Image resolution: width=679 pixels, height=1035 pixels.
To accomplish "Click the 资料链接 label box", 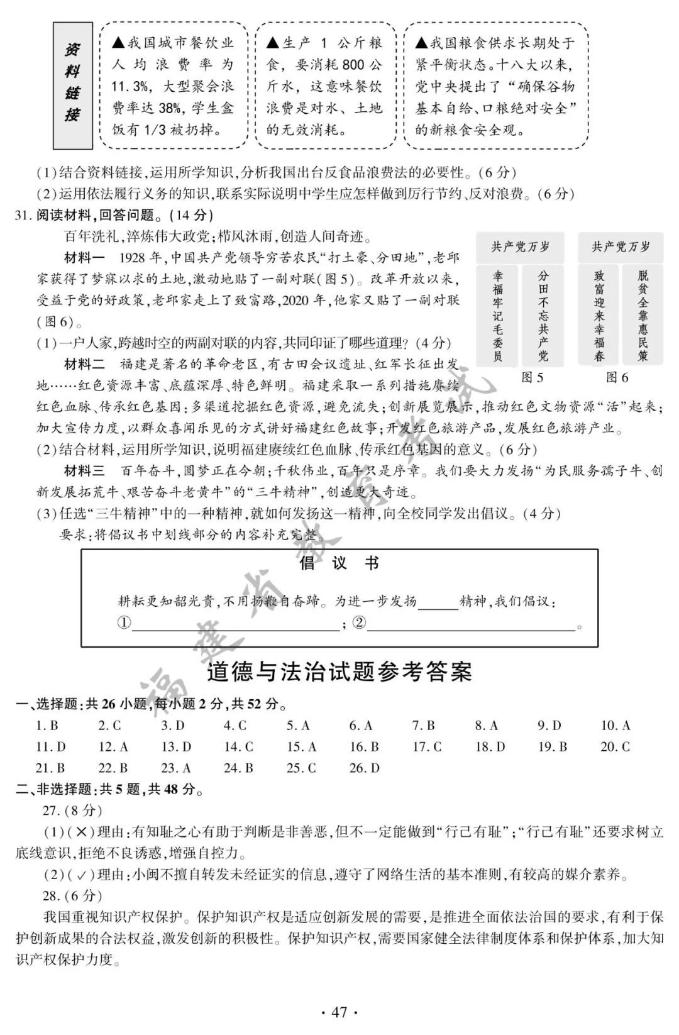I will [x=72, y=85].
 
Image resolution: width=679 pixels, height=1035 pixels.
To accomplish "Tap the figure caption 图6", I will [x=617, y=377].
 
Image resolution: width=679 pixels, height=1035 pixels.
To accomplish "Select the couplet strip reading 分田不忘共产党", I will [x=543, y=316].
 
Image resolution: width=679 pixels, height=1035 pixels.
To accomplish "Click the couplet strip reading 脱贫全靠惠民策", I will [x=643, y=316].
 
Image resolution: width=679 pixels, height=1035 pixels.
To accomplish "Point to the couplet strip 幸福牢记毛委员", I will [x=498, y=316].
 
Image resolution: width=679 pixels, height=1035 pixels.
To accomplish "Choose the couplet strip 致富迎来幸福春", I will [x=599, y=316].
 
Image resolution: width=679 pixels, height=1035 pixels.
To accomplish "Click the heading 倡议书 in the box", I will [x=339, y=563].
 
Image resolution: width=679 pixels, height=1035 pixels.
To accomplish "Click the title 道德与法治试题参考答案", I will [x=339, y=672].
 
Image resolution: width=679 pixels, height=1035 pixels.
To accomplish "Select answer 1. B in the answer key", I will [x=47, y=726].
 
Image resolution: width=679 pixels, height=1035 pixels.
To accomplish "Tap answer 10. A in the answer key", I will [x=615, y=726].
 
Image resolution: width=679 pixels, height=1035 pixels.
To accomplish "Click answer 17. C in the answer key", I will [x=427, y=747].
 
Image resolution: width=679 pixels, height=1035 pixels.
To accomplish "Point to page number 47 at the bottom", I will [x=339, y=1012].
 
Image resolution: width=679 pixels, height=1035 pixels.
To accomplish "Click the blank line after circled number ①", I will [x=236, y=624].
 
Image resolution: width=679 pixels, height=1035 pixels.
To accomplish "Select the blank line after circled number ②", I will [x=472, y=624].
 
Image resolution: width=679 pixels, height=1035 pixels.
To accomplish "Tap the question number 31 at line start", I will [x=22, y=215].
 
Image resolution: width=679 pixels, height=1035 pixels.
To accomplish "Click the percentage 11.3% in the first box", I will [x=130, y=86].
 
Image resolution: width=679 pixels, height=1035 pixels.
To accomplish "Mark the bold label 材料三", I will [x=85, y=471].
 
